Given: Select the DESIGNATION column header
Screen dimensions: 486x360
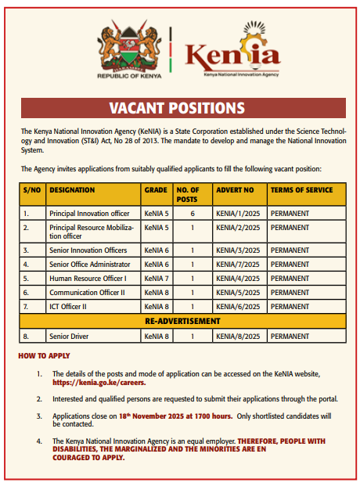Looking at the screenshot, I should coord(72,190).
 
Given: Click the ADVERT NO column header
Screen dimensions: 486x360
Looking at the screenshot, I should coord(235,190).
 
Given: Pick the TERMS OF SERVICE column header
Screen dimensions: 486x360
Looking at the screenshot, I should coord(301,190).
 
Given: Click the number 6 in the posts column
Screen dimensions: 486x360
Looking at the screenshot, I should coord(192,213).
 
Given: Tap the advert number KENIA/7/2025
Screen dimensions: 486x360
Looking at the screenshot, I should coord(238,264).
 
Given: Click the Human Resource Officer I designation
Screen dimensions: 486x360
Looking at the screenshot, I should coord(88,278).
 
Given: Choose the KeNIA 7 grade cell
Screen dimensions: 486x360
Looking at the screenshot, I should coord(156,278).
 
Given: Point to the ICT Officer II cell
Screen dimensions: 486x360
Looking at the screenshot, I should coord(73,306).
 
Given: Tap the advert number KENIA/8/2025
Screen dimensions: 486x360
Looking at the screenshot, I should coord(238,336).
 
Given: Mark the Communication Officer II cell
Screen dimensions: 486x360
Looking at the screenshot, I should coord(87,292).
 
